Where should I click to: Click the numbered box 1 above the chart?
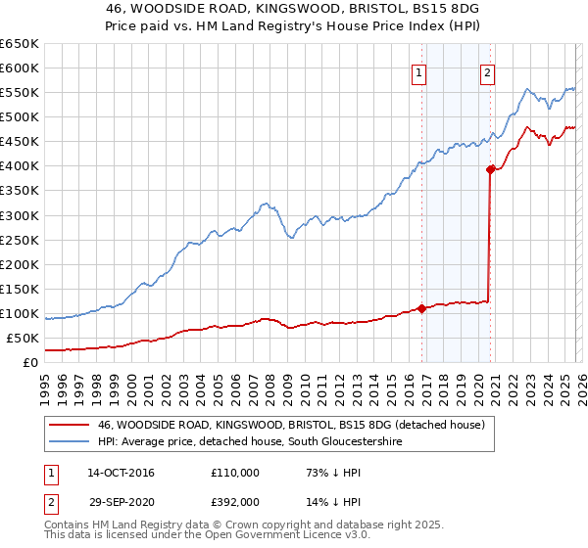[419, 71]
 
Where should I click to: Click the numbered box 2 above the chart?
[487, 71]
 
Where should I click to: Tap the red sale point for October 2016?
[421, 308]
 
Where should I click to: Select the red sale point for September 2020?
[490, 169]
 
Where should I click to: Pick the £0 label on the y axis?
[29, 362]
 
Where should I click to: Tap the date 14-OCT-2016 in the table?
[121, 473]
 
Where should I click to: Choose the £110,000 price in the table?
[235, 473]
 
